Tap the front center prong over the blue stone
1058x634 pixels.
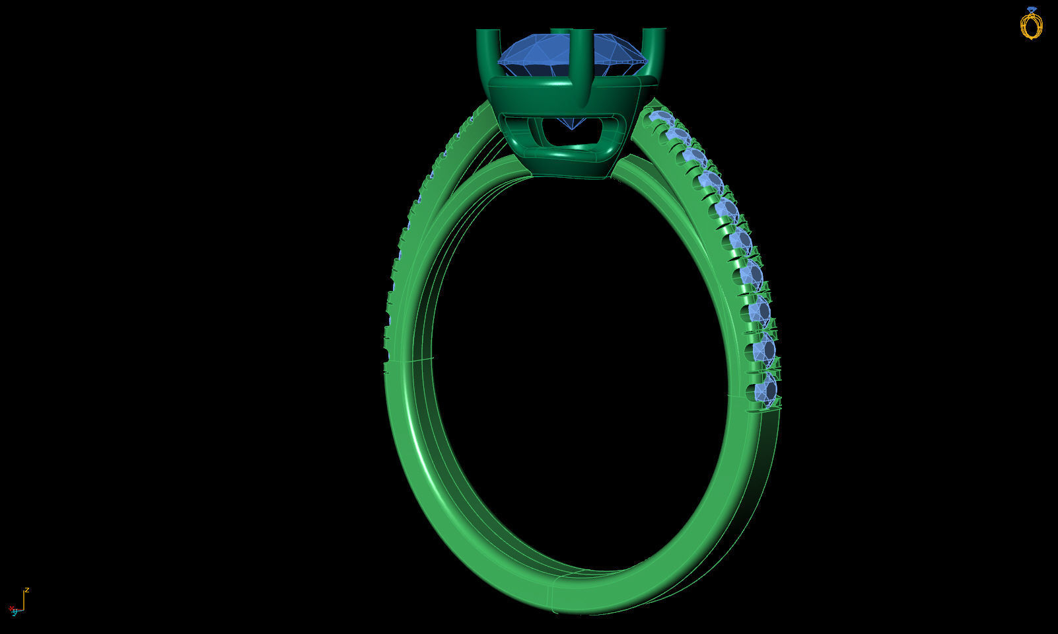[x=581, y=66]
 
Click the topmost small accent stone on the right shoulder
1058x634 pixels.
[x=658, y=118]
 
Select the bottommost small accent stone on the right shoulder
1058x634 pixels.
[x=766, y=390]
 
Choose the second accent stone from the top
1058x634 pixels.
[x=676, y=135]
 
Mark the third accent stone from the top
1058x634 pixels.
[x=693, y=156]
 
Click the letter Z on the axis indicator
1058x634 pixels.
[x=27, y=590]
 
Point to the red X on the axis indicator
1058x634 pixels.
[x=11, y=608]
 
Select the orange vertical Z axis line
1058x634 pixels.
[x=24, y=600]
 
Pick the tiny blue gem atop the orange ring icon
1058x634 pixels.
[x=1032, y=9]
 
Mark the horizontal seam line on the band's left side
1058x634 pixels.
[x=409, y=361]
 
